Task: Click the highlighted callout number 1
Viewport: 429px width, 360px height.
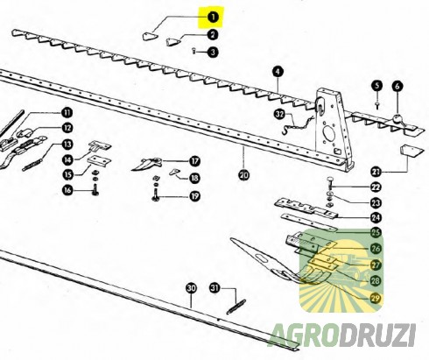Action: (213, 18)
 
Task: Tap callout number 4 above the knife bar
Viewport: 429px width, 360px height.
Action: (278, 72)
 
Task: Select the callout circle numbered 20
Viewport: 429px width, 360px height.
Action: (244, 175)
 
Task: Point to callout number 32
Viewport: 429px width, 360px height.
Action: (279, 114)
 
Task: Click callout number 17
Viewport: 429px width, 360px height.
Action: (194, 161)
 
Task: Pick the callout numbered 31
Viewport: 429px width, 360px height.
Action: (214, 288)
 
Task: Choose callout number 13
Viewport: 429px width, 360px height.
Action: (67, 145)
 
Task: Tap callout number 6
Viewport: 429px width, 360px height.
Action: (397, 87)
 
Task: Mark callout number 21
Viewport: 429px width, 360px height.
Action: (376, 172)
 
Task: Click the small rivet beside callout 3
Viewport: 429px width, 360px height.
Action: (194, 51)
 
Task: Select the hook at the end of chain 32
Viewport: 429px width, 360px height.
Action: (285, 131)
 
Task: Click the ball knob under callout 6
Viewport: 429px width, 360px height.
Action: (397, 119)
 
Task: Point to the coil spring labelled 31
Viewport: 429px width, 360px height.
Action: (236, 307)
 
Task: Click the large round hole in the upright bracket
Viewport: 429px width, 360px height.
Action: (328, 134)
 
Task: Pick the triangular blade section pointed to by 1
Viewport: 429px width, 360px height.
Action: (150, 37)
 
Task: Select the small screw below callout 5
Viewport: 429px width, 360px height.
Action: (376, 105)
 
